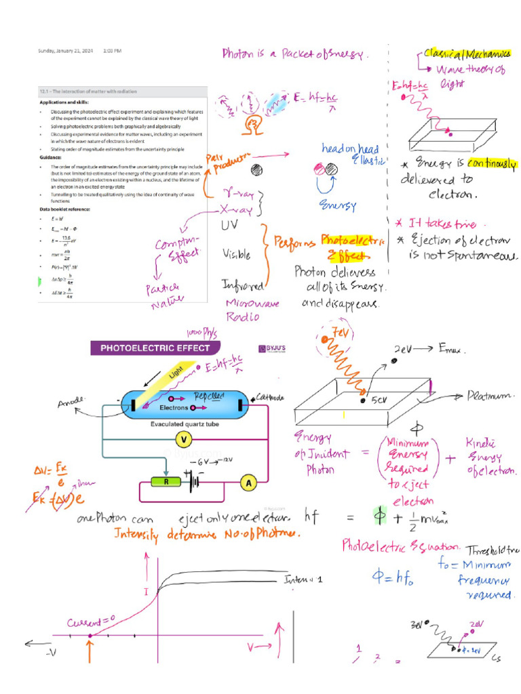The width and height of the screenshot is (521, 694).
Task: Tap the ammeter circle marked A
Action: (248, 483)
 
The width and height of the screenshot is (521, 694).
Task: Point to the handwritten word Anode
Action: (70, 405)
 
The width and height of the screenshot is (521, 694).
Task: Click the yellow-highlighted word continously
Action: (486, 164)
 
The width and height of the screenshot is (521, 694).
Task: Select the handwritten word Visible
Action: (236, 255)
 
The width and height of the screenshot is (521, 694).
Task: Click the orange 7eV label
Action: (335, 332)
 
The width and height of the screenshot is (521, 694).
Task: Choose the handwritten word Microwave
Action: (252, 304)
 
